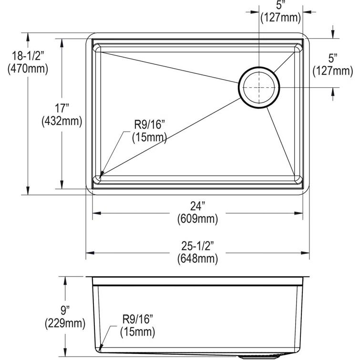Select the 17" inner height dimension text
point(62,109)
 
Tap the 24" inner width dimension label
point(196,206)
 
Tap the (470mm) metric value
point(28,69)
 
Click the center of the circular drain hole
point(259,87)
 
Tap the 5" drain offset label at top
point(280,6)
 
